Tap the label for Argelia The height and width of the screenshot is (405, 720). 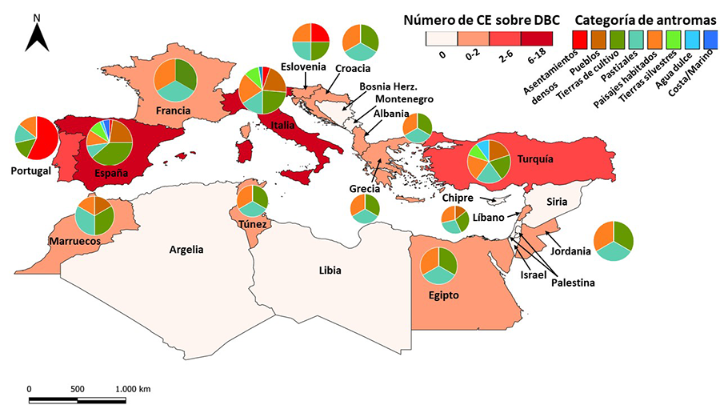(186, 249)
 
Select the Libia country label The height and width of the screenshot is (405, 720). (330, 271)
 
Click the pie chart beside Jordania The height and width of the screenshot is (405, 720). (613, 239)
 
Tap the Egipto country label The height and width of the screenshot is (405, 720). (443, 295)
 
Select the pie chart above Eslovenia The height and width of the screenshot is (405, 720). (311, 42)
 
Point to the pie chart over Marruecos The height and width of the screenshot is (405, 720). (95, 214)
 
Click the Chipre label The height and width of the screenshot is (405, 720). (457, 198)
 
